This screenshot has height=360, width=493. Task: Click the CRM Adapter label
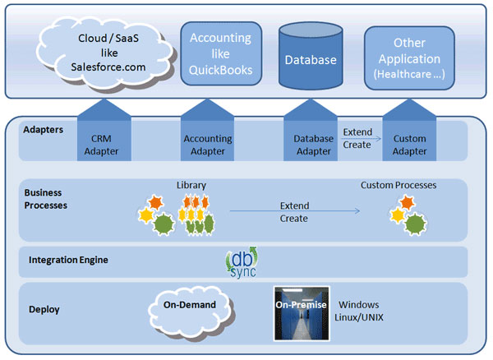[101, 145]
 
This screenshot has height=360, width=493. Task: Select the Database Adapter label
[313, 145]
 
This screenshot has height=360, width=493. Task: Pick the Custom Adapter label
[410, 145]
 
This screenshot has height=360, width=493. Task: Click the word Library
[191, 185]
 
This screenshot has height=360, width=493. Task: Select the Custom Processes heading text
[399, 185]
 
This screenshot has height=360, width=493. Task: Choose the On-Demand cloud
[189, 306]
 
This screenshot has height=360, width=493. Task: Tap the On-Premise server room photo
[302, 312]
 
